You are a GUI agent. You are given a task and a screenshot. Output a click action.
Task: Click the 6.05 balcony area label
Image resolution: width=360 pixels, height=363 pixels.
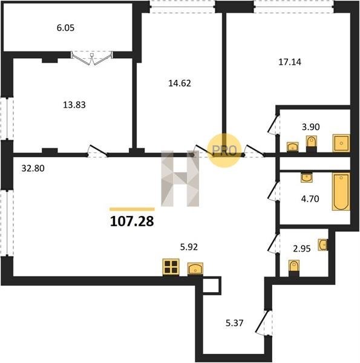click(x=65, y=28)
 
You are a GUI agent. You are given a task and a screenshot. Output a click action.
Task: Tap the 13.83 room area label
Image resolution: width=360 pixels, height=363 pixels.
click(x=74, y=105)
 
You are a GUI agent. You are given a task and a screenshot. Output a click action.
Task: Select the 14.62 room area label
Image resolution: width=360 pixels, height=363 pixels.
click(x=180, y=83)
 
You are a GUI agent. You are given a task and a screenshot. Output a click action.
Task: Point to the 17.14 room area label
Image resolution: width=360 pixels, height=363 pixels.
click(x=290, y=62)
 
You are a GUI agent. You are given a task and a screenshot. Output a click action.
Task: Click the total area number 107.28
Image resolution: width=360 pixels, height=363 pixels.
click(x=132, y=221)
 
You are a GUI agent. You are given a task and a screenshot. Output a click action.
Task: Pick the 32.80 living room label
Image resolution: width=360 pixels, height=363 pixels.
click(x=33, y=168)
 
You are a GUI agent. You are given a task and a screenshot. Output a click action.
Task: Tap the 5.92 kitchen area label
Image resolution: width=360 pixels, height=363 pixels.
click(x=189, y=247)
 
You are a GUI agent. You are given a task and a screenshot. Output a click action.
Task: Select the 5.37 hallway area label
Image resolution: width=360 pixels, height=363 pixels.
click(x=235, y=323)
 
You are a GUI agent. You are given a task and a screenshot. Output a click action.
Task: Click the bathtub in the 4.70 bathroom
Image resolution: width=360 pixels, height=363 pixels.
click(x=341, y=191)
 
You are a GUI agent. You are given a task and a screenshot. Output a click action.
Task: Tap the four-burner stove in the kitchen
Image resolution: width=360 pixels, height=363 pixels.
click(x=171, y=267)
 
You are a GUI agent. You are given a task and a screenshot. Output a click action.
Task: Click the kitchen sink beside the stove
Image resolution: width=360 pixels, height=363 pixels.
click(x=195, y=269)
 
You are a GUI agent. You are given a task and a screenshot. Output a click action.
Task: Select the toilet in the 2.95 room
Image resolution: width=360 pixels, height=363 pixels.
click(x=294, y=266)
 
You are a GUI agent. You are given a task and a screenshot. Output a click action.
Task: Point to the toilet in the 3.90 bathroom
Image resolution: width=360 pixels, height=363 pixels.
click(x=312, y=142)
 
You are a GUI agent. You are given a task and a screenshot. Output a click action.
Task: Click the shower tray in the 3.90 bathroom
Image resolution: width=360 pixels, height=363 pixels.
click(x=341, y=143)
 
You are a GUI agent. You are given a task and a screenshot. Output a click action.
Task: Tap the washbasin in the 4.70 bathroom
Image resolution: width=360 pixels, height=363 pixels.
click(x=307, y=177)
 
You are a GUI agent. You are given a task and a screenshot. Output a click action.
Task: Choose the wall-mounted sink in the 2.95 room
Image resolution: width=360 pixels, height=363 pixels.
click(x=323, y=244)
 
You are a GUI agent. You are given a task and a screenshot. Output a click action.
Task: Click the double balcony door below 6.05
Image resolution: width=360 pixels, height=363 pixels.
click(x=92, y=58)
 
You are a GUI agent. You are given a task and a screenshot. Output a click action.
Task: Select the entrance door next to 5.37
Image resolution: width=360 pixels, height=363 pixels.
click(x=264, y=322)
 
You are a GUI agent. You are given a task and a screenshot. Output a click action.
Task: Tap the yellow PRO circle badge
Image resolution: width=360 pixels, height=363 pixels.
click(x=224, y=151)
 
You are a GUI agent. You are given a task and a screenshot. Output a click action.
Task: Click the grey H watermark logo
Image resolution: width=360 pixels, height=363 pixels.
click(x=180, y=178)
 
